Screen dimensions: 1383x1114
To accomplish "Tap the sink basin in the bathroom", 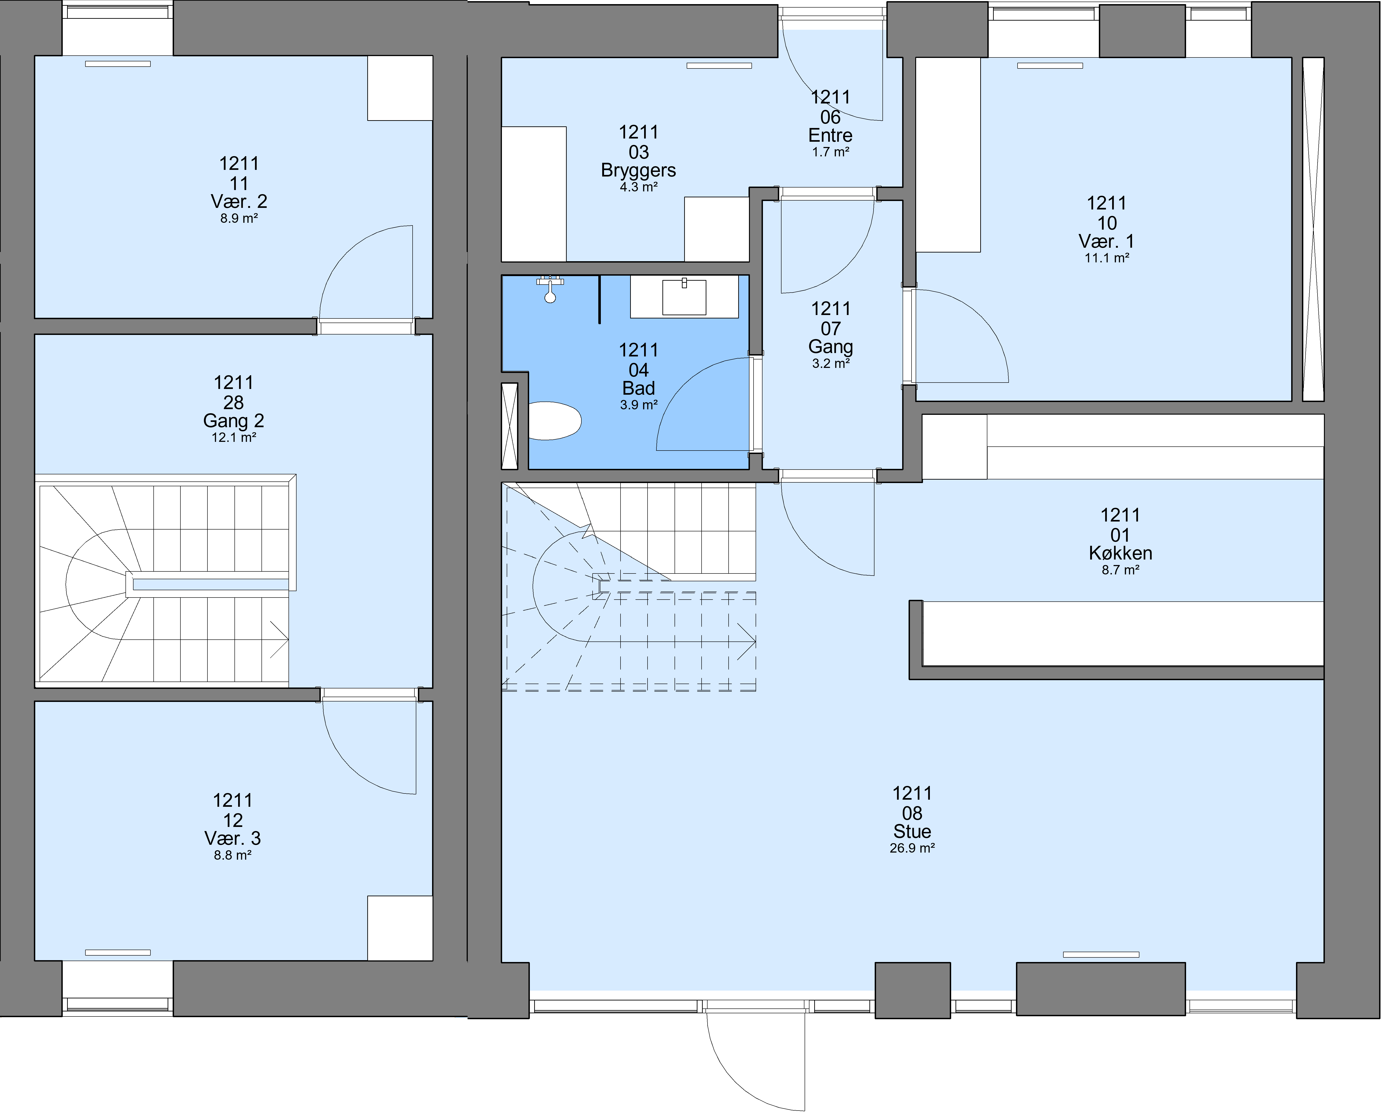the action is pyautogui.click(x=684, y=297).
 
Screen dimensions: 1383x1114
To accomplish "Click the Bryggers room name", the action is pyautogui.click(x=639, y=171).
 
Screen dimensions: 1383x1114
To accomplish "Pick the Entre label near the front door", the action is pyautogui.click(x=830, y=135).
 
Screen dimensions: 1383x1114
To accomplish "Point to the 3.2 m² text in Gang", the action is pyautogui.click(x=831, y=363).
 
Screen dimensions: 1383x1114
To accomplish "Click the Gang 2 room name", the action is pyautogui.click(x=234, y=421).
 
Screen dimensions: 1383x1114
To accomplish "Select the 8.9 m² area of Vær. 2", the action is pyautogui.click(x=239, y=218).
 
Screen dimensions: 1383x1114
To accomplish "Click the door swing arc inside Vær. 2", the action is pyautogui.click(x=347, y=250).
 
